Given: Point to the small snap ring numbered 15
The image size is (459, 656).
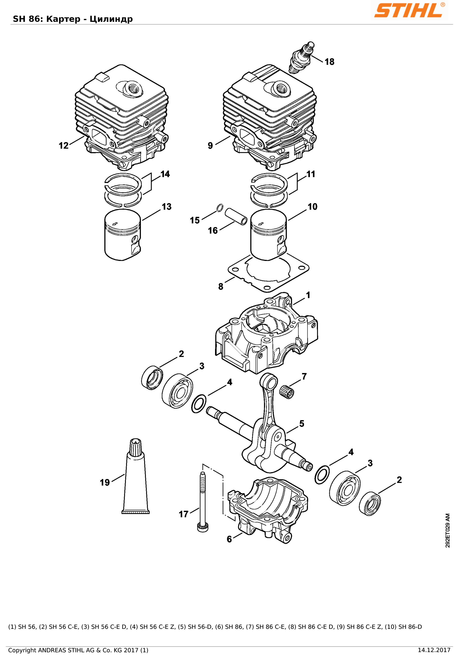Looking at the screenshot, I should pos(219,208).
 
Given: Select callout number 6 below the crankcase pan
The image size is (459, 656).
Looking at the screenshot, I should pos(229,539).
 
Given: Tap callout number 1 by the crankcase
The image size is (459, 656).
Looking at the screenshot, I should pos(308,295).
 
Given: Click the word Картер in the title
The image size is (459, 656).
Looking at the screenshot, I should pos(63,19).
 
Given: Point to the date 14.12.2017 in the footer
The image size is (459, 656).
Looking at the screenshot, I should pos(434,650).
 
